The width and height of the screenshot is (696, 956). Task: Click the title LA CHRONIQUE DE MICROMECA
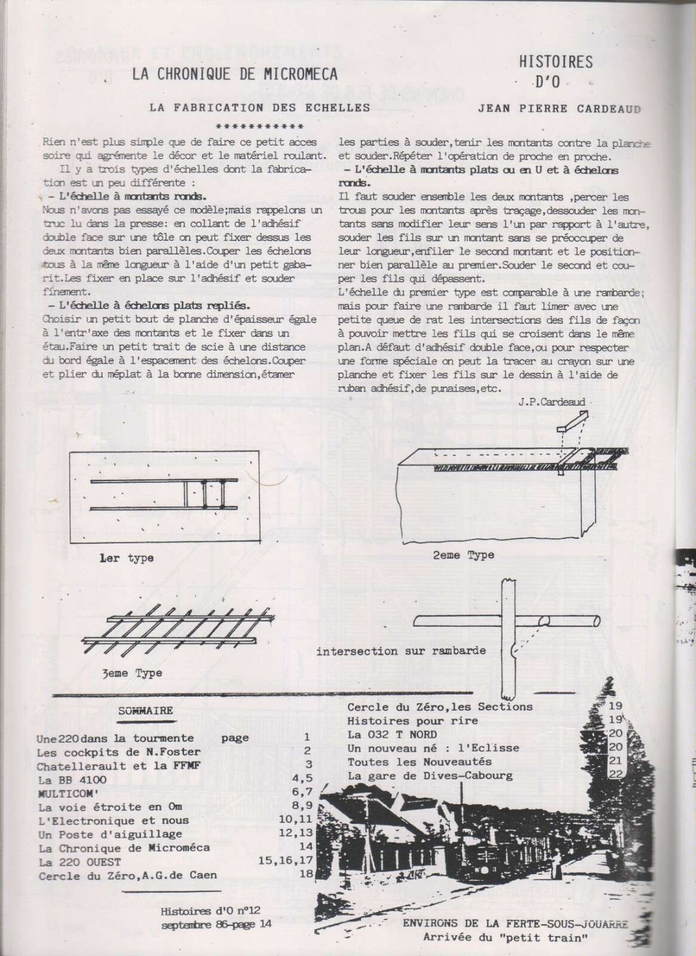click(x=235, y=73)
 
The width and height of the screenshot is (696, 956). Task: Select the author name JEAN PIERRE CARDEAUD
click(x=560, y=109)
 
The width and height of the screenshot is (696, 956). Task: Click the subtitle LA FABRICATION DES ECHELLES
click(x=259, y=108)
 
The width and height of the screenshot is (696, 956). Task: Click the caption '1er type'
click(x=127, y=558)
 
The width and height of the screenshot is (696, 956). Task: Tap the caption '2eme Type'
click(x=464, y=554)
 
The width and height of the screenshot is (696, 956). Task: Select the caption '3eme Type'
click(x=131, y=673)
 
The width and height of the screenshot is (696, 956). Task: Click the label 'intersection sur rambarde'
click(x=401, y=650)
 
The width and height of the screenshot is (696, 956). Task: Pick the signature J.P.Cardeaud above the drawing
click(x=553, y=403)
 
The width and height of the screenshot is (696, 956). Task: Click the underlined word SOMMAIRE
click(x=146, y=710)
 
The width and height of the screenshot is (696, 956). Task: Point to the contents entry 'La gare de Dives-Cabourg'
click(x=430, y=776)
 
